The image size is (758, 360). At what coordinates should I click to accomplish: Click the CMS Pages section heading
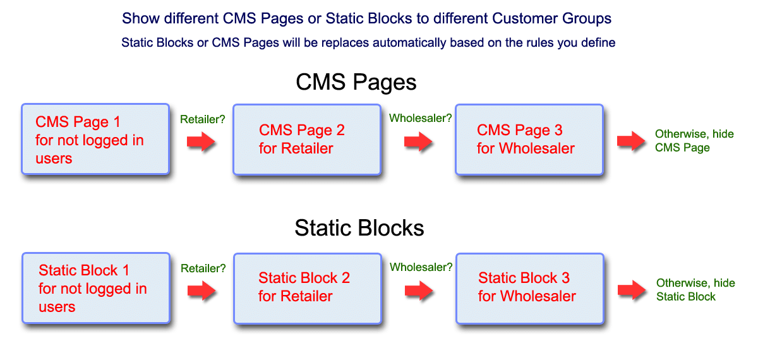[x=356, y=83]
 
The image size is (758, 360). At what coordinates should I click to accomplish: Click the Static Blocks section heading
[x=359, y=228]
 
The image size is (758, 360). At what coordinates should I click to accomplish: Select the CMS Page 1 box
[x=95, y=139]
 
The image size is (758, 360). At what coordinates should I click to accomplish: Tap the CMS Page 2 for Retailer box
[x=307, y=139]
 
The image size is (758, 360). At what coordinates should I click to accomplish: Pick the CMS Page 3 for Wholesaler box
[x=529, y=139]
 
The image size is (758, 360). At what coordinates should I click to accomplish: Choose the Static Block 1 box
[x=95, y=288]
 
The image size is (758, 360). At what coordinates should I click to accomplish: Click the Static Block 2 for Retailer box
[x=307, y=287]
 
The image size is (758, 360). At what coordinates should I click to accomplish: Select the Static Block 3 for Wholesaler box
[x=529, y=287]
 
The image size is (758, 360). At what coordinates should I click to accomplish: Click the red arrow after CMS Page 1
[x=202, y=141]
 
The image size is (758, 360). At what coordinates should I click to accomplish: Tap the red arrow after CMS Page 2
[x=418, y=142]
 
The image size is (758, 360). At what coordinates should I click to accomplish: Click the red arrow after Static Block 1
[x=202, y=291]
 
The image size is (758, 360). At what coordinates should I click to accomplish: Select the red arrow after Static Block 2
[x=418, y=291]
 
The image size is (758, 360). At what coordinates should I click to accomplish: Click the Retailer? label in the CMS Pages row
[x=203, y=119]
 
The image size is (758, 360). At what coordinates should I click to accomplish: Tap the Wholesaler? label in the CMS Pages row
[x=420, y=118]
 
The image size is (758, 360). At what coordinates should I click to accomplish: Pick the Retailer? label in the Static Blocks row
[x=203, y=268]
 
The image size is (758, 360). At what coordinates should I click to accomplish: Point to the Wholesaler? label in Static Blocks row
[x=421, y=267]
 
